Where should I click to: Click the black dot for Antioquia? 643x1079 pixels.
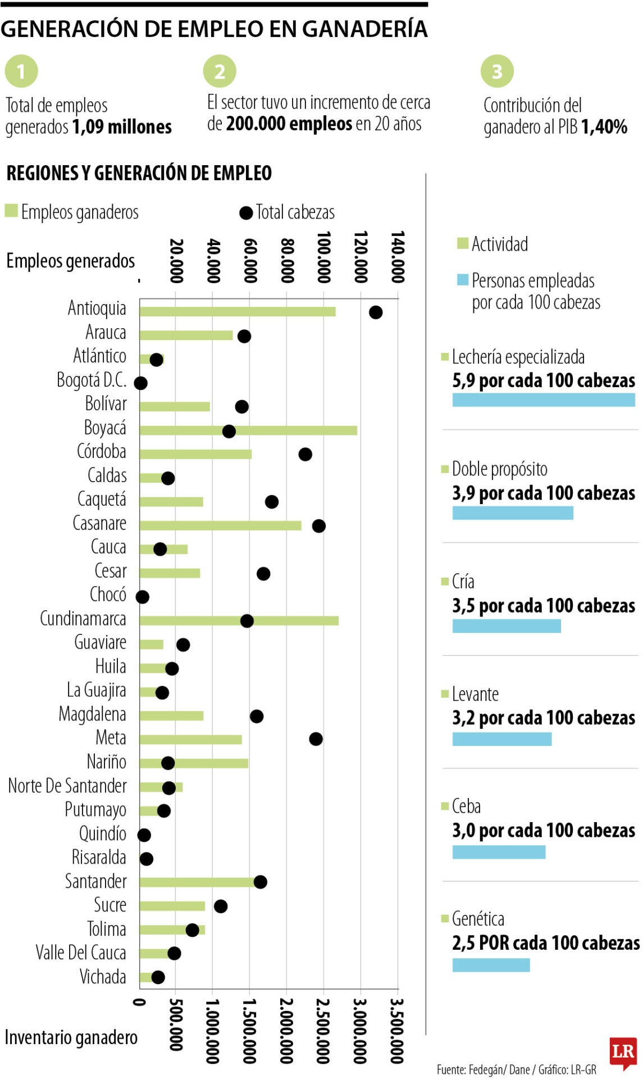click(x=376, y=312)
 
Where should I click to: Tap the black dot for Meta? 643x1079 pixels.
click(x=316, y=739)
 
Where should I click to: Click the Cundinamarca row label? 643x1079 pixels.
click(x=83, y=619)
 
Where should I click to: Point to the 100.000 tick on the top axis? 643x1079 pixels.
click(x=323, y=257)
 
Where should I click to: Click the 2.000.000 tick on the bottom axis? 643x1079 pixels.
click(x=286, y=1030)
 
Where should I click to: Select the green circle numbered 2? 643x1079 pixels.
click(x=220, y=71)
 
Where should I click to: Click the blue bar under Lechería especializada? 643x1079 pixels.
click(x=543, y=400)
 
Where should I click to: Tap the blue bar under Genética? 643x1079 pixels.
click(x=491, y=965)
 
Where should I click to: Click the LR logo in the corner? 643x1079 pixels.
click(x=622, y=1052)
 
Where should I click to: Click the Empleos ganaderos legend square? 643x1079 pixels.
click(x=11, y=211)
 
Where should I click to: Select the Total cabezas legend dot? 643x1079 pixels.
click(x=245, y=213)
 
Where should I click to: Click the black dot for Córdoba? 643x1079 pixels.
click(x=305, y=454)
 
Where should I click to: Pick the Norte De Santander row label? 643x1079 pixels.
click(x=67, y=786)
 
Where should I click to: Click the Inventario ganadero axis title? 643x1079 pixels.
click(x=71, y=1037)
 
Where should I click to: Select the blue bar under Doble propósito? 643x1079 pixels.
click(x=512, y=513)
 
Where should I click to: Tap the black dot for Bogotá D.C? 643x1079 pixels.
click(x=140, y=383)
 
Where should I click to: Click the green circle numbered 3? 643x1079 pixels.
click(x=496, y=71)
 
